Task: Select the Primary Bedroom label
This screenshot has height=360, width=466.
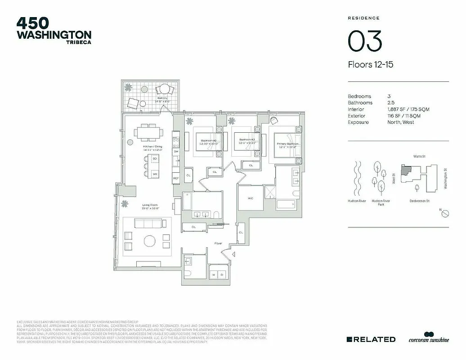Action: tap(287, 144)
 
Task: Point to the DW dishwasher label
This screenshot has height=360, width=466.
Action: tap(176, 152)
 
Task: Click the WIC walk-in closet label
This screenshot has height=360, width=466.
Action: tap(251, 198)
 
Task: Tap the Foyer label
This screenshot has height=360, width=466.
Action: tap(218, 243)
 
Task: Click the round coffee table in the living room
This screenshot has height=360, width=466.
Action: tap(150, 241)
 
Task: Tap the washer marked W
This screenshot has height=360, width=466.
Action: tap(214, 274)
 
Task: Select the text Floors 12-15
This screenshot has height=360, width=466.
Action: tap(371, 64)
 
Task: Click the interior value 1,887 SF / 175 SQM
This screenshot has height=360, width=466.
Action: tap(404, 109)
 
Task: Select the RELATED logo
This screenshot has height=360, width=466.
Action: tap(372, 339)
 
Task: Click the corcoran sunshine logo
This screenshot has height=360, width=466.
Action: tap(428, 339)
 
